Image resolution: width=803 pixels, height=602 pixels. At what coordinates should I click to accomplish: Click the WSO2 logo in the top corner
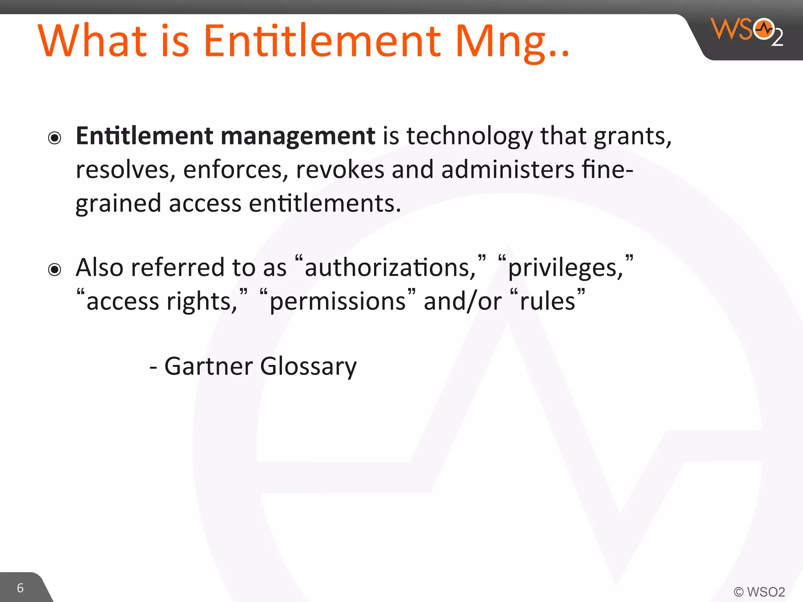(747, 31)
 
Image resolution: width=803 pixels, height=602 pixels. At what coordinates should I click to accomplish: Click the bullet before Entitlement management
(55, 138)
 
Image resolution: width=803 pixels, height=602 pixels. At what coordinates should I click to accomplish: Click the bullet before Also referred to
(55, 270)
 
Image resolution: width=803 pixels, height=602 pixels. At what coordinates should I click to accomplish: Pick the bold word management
(298, 136)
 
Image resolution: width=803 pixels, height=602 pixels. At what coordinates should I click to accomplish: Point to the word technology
(470, 136)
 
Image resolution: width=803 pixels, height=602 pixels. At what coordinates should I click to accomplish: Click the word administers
(508, 170)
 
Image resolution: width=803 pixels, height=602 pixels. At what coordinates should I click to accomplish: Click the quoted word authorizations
(390, 268)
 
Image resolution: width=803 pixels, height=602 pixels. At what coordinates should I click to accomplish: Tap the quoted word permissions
(338, 302)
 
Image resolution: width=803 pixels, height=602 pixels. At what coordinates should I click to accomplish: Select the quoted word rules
(547, 302)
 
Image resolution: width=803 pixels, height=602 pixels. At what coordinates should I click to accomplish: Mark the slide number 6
(20, 588)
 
